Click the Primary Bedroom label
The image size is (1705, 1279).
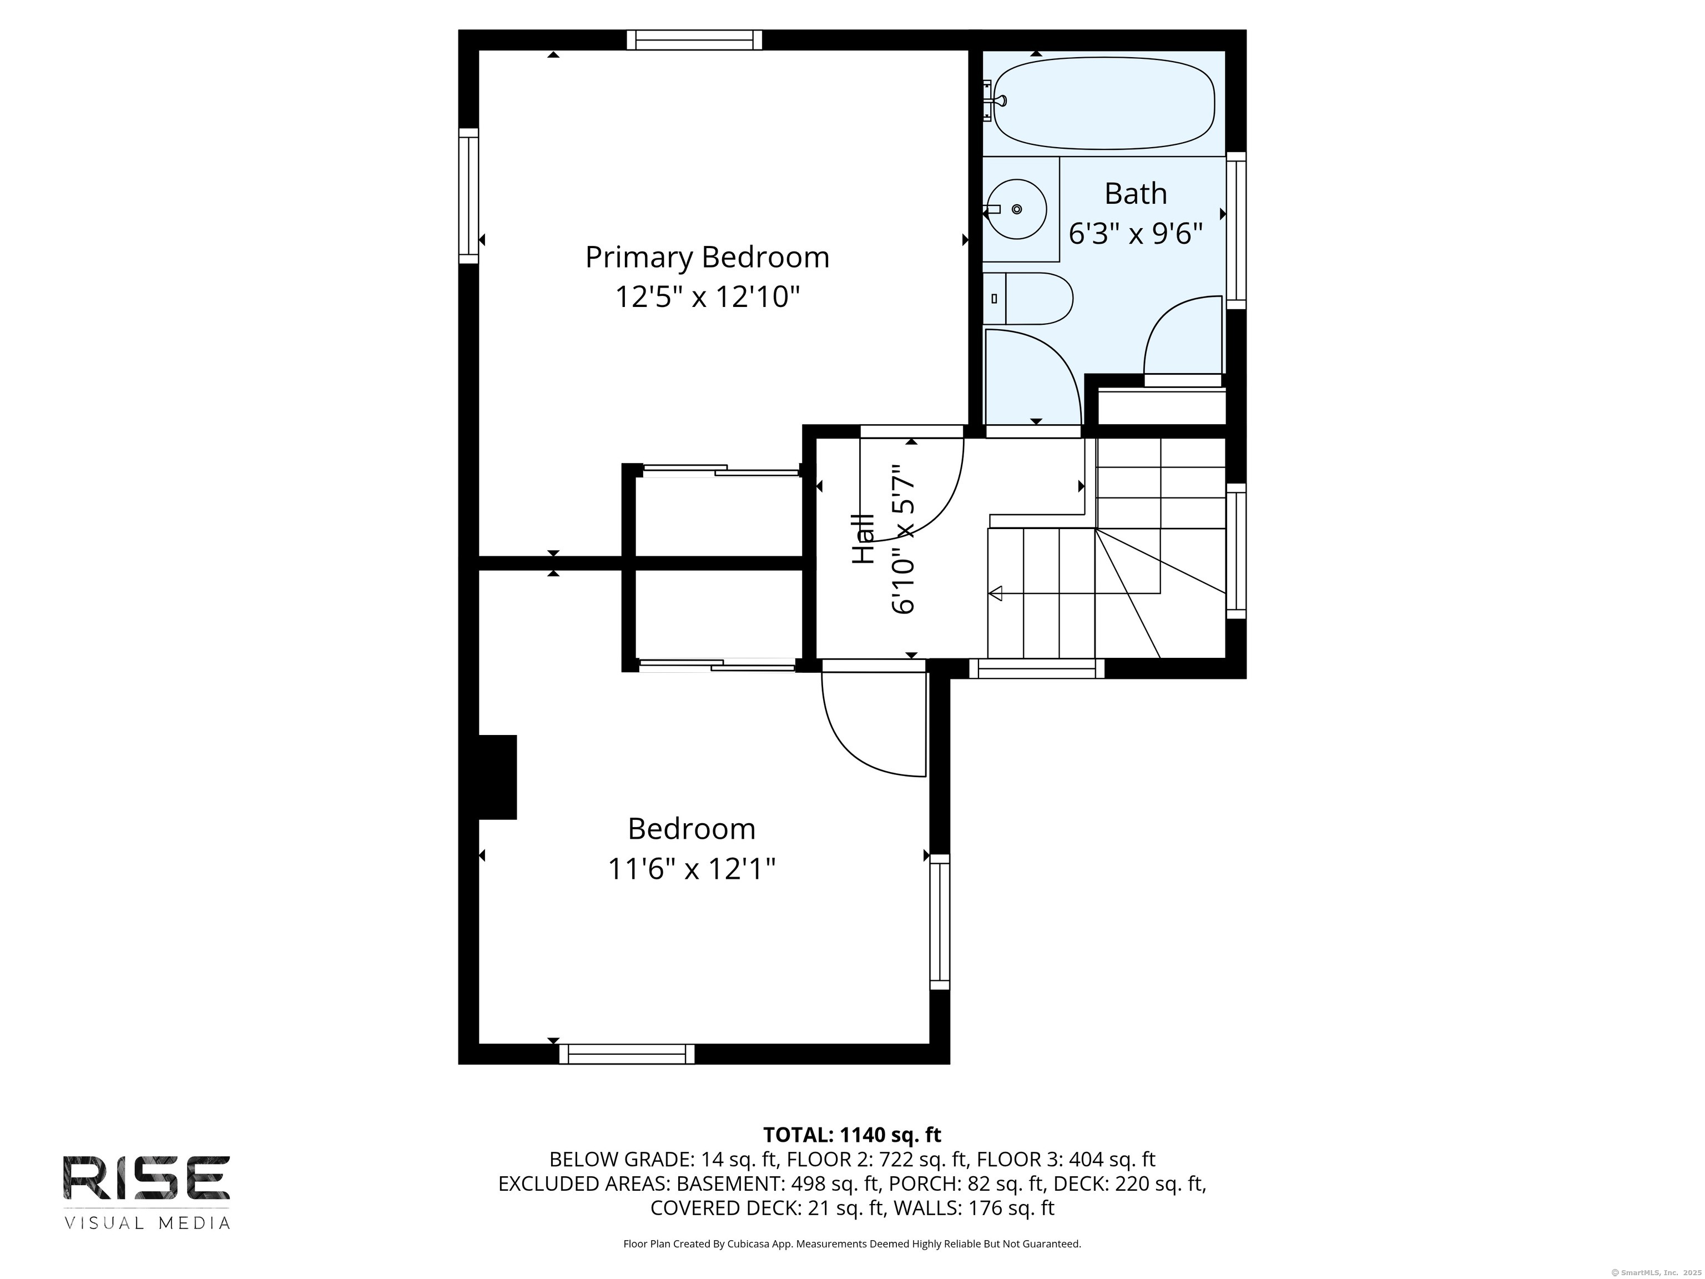[x=707, y=258]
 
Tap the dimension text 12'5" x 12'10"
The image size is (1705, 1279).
[x=707, y=297]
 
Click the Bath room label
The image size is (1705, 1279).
[x=1136, y=194]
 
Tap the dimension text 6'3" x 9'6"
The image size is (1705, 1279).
[x=1136, y=233]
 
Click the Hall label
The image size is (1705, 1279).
[x=862, y=539]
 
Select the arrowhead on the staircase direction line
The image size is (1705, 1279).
[x=995, y=593]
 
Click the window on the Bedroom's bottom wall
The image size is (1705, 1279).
[x=627, y=1053]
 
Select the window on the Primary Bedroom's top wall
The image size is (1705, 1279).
[x=694, y=40]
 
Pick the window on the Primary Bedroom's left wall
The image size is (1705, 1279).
[x=468, y=196]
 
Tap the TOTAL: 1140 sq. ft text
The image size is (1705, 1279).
[x=852, y=1135]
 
